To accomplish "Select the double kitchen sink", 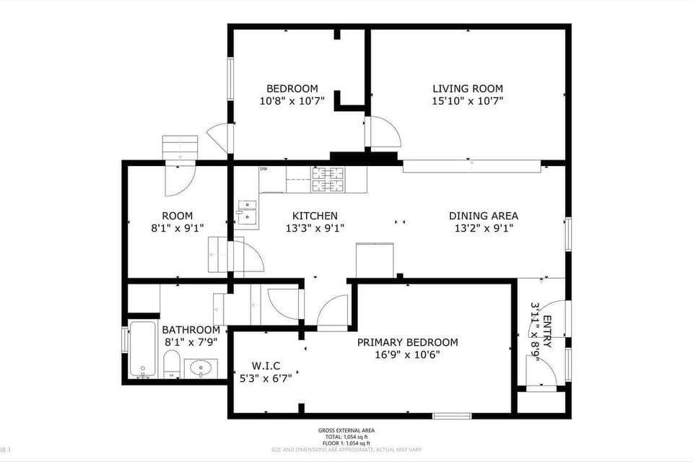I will tap(248, 214).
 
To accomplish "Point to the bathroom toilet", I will tap(172, 365).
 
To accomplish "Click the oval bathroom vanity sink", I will tap(199, 369).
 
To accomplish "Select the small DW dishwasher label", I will tap(263, 170).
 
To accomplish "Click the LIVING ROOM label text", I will tap(467, 88).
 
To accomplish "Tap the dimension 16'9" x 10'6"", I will tap(408, 354).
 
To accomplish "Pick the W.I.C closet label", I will tap(266, 365).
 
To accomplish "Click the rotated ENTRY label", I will tap(547, 332).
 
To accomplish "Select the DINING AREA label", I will tap(483, 215).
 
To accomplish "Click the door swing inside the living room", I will tap(384, 132).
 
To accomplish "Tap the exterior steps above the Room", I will tap(180, 148).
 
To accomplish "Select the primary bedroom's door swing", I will tap(333, 311).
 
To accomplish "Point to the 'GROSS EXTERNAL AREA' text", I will tap(346, 430).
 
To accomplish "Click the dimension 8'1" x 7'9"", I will tap(191, 342).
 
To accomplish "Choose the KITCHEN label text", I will tap(314, 215).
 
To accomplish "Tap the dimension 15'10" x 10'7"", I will tap(467, 101).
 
